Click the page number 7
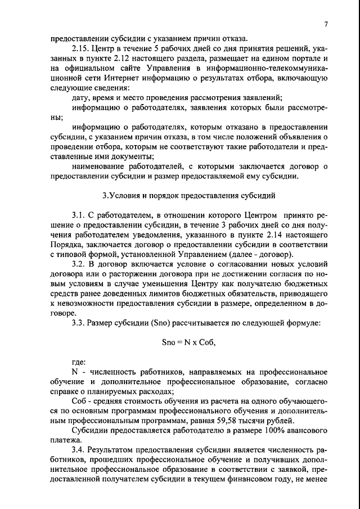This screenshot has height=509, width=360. pos(326,24)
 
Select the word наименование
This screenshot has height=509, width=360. pos(102,166)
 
